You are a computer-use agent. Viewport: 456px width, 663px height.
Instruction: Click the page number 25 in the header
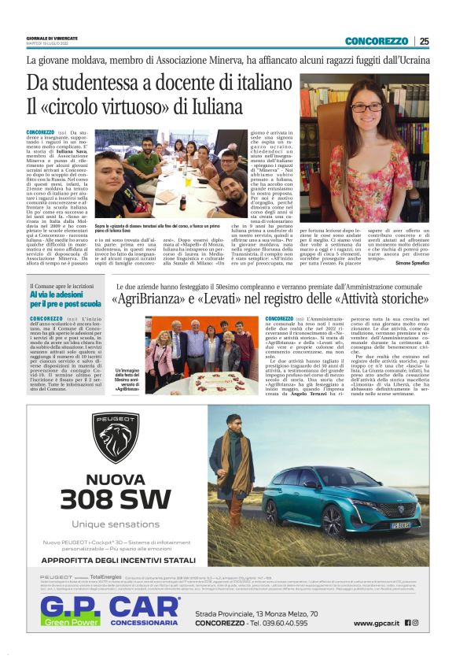[424, 41]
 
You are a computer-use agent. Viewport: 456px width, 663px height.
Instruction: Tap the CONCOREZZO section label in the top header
[376, 41]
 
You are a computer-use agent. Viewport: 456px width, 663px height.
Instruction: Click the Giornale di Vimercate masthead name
[51, 36]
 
